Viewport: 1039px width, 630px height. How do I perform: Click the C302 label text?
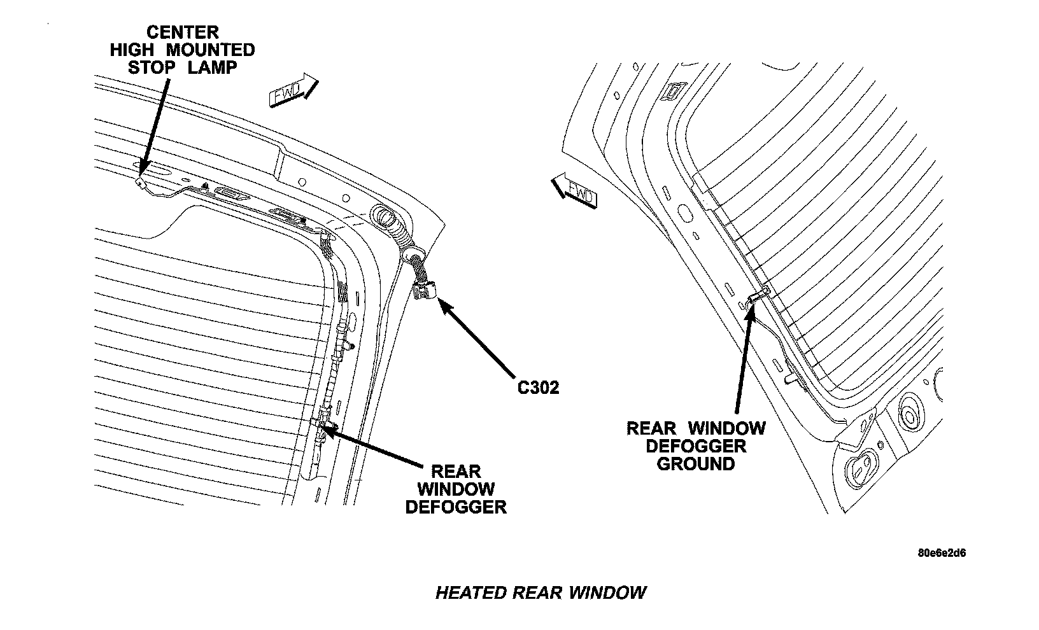(538, 388)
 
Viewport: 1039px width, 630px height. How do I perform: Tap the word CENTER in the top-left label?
(183, 32)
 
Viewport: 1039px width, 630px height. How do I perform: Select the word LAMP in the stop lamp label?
(213, 67)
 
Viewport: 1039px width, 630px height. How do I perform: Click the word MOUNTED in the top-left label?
(211, 50)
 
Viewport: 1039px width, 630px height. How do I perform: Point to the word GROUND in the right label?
(695, 463)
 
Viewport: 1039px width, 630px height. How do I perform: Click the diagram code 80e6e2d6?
(942, 553)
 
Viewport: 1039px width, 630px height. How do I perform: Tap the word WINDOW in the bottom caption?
(607, 593)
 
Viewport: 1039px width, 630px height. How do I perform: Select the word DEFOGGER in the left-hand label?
(456, 507)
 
